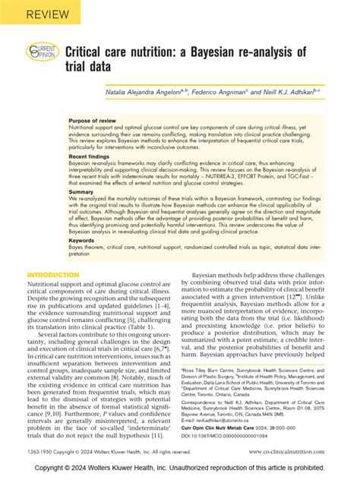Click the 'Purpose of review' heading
point(92,121)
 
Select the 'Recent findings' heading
point(89,156)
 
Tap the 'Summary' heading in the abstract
point(81,192)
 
